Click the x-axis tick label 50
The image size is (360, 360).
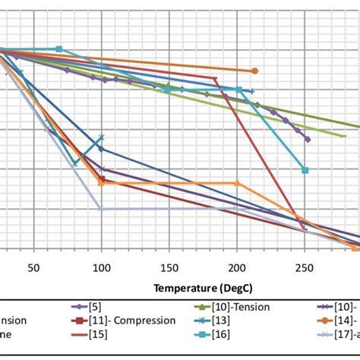coord(33,268)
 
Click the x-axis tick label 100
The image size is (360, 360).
coord(101,268)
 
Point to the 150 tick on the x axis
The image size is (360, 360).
coord(169,268)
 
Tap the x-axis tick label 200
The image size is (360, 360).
coord(237,268)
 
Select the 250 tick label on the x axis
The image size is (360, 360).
coord(305,268)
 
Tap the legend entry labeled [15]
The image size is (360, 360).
coord(98,333)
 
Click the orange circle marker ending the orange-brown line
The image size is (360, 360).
coord(254,71)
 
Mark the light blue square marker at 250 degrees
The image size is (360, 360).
coord(305,170)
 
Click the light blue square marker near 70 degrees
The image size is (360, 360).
coord(59,49)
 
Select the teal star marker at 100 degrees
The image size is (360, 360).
coord(101,137)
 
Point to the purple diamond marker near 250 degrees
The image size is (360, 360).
coord(308,139)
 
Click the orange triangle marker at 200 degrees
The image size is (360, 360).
coord(237,183)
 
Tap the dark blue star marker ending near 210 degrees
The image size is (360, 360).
coord(251,92)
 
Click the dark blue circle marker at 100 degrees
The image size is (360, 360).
coord(101,149)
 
